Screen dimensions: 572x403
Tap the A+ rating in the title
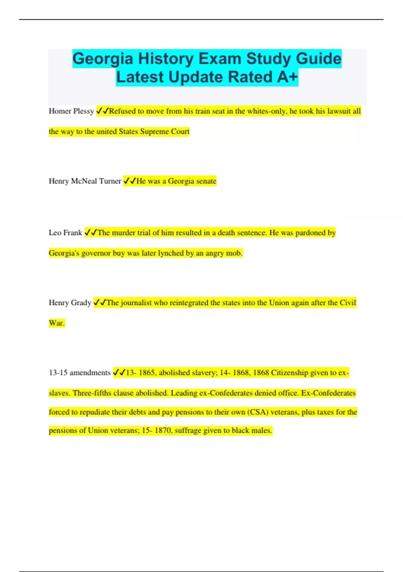coord(287,77)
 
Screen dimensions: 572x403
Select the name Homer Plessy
coord(71,111)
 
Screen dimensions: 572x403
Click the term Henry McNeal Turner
coord(85,181)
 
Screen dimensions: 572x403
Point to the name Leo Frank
coord(65,233)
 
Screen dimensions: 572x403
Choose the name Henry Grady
coord(70,302)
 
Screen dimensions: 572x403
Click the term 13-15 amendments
coord(80,372)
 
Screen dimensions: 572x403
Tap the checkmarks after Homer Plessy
coord(102,111)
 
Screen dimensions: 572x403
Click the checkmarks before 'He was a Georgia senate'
coord(130,181)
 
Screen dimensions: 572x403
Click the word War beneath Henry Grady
coord(56,323)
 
